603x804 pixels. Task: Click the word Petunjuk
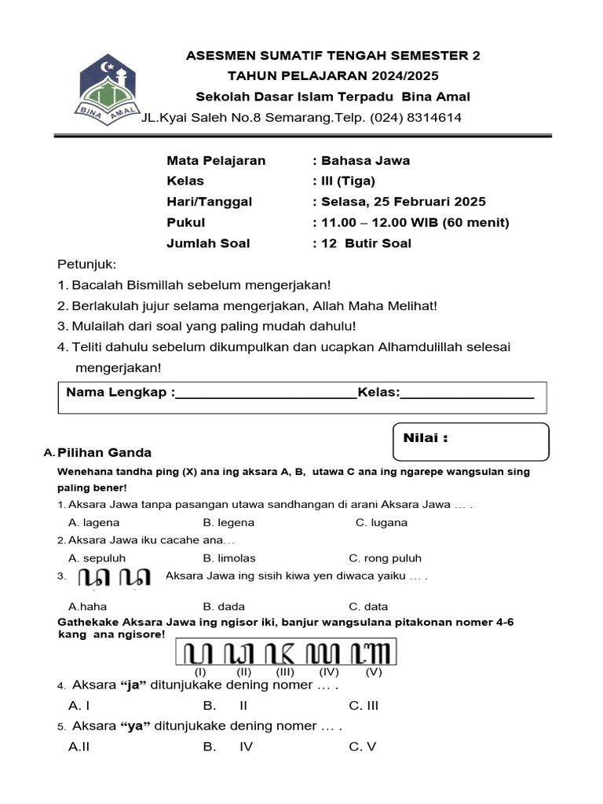point(86,264)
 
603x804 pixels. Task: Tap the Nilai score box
point(470,440)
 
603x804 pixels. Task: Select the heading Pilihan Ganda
point(104,453)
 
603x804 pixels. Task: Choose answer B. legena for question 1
point(228,523)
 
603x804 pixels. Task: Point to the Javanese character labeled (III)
point(285,652)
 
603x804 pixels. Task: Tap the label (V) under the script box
point(374,673)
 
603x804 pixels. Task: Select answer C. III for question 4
point(364,706)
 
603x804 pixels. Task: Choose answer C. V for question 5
point(363,747)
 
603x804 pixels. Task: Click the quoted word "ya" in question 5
point(136,726)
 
